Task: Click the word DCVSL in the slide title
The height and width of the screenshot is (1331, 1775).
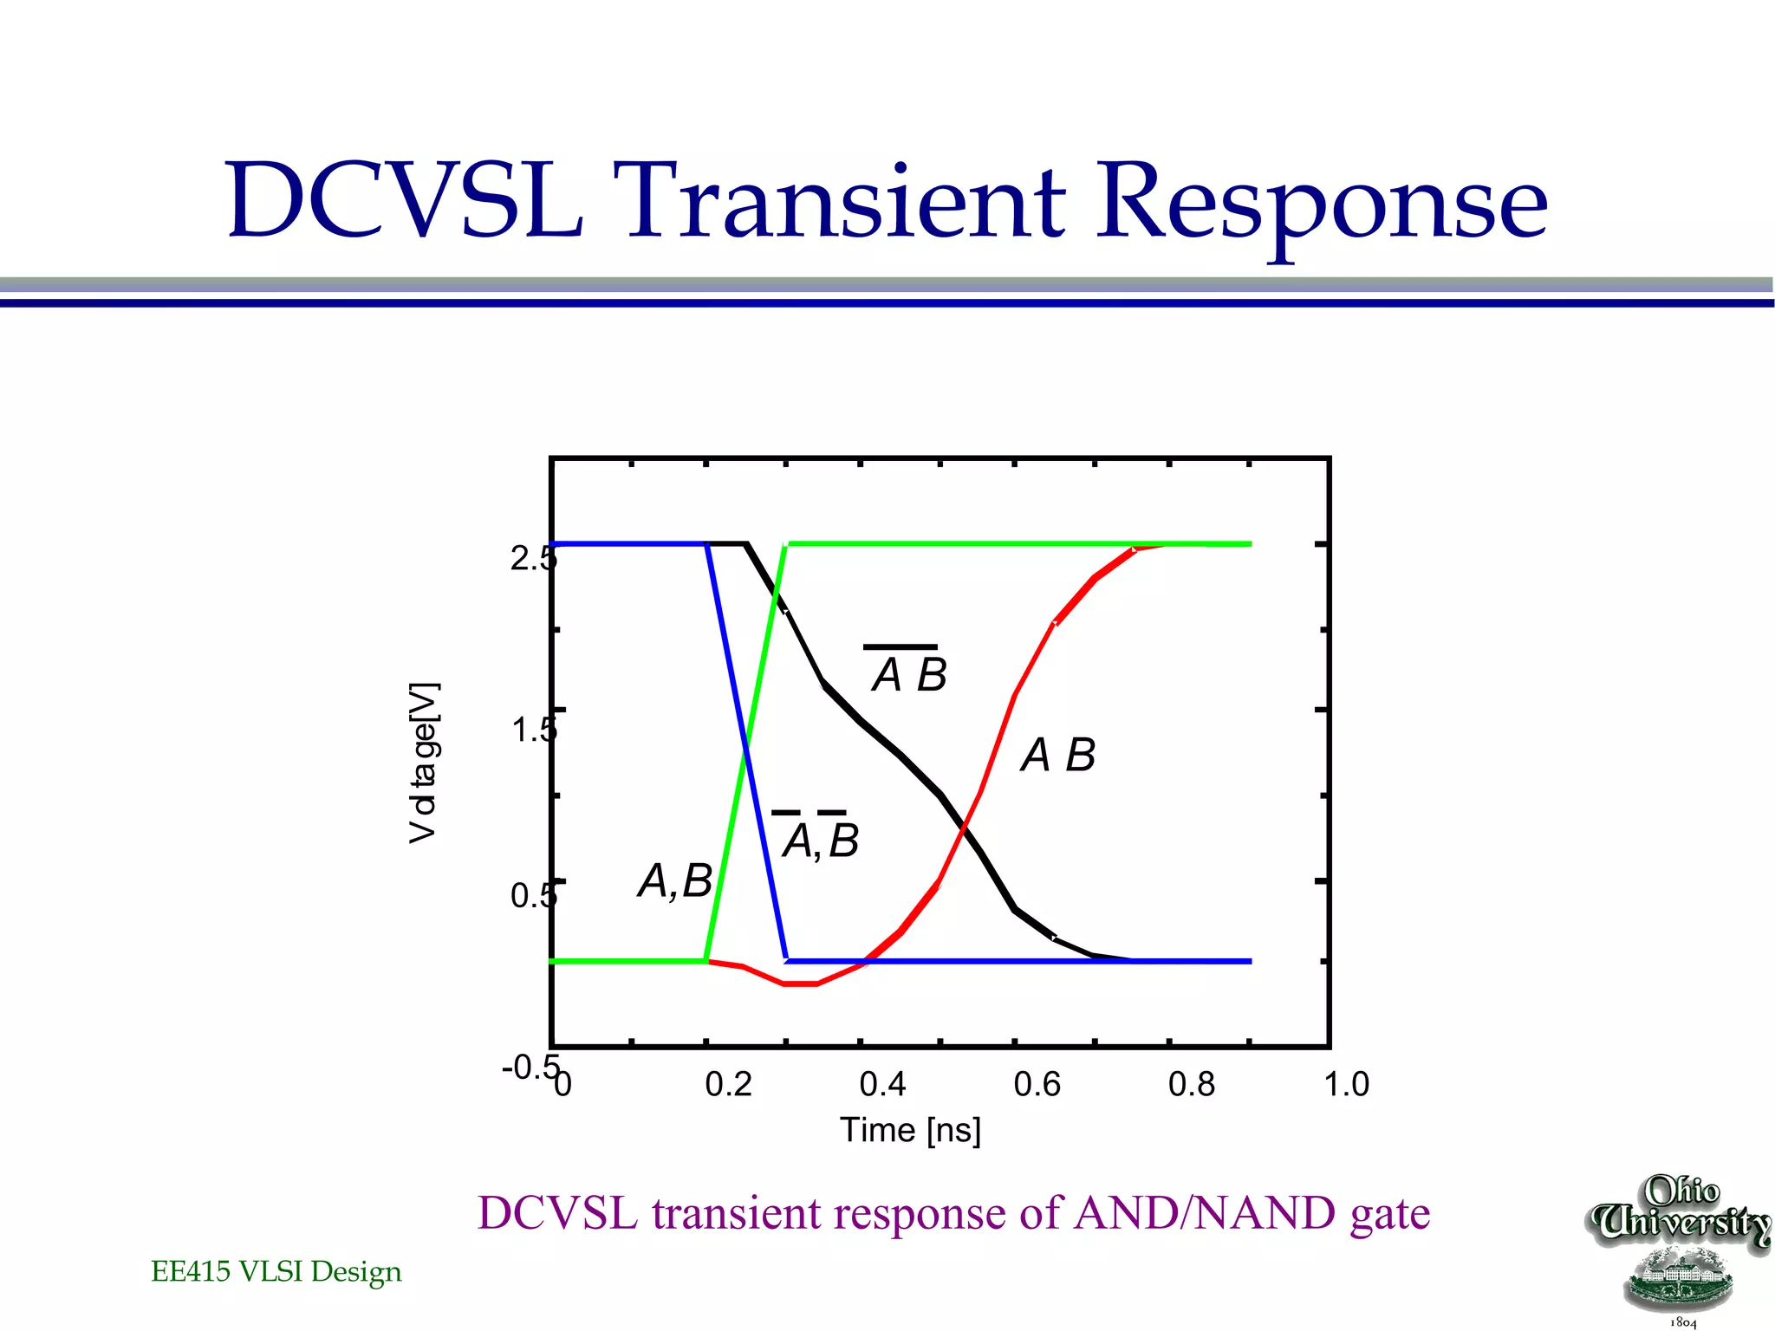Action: pos(404,201)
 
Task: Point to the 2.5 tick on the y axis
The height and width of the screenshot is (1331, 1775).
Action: pos(531,559)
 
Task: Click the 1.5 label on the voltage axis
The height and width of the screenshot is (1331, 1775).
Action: pos(532,730)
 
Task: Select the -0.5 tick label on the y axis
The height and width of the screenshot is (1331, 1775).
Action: pos(529,1068)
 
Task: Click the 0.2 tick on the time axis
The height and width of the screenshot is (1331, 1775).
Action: pos(728,1085)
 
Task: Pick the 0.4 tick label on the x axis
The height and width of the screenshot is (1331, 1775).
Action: pos(882,1085)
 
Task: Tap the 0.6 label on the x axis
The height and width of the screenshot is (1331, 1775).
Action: pos(1037,1085)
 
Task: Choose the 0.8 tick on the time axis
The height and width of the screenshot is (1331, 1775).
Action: pos(1192,1085)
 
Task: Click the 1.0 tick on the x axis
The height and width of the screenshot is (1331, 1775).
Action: pos(1346,1085)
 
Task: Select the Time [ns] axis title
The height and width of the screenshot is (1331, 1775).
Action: pos(910,1131)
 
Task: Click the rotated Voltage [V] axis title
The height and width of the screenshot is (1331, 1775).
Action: pos(424,763)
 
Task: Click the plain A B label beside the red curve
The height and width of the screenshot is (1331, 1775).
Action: pos(1057,755)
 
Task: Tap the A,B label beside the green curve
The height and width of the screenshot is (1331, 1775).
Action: pos(674,881)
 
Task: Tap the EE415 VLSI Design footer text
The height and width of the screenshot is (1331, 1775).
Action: pos(276,1271)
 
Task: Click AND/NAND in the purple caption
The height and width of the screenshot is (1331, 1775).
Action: pos(1205,1213)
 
